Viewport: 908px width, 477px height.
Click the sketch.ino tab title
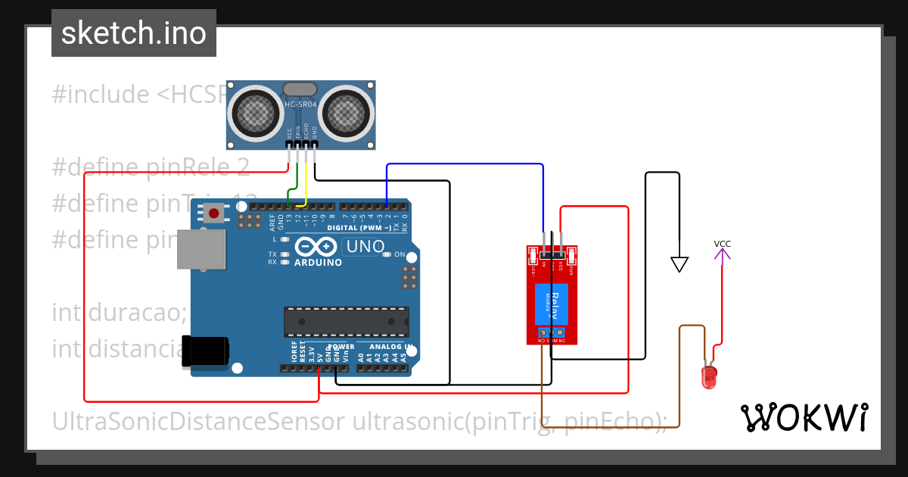pyautogui.click(x=133, y=33)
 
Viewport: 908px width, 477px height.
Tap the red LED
pyautogui.click(x=709, y=376)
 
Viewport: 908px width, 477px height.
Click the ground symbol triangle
pyautogui.click(x=679, y=264)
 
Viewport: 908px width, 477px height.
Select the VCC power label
pyautogui.click(x=723, y=244)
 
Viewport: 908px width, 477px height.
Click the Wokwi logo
pyautogui.click(x=804, y=417)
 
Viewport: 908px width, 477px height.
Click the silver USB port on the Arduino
pyautogui.click(x=201, y=249)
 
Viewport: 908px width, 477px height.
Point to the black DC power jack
pyautogui.click(x=205, y=351)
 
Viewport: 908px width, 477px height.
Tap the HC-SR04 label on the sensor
pyautogui.click(x=300, y=104)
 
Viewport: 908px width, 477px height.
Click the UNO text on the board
pyautogui.click(x=364, y=247)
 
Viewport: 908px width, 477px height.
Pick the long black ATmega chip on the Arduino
pyautogui.click(x=346, y=321)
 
